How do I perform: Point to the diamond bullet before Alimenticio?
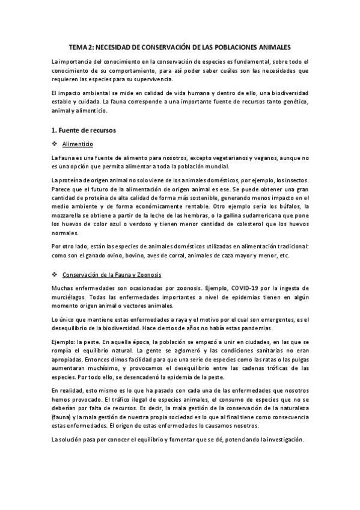point(55,144)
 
